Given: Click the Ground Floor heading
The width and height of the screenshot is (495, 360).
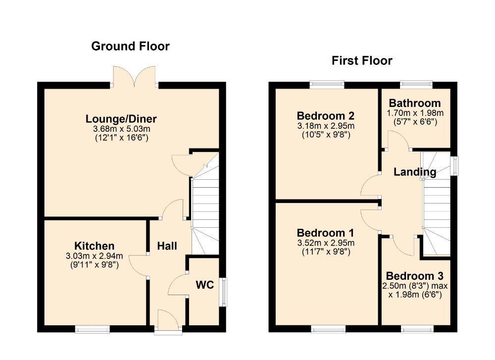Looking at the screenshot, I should coord(130,47).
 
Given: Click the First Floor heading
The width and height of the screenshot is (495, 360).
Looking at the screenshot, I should coord(362,61).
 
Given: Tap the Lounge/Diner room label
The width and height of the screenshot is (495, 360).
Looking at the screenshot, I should coord(121,119).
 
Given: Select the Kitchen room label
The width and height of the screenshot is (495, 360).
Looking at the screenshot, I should coord(94,246).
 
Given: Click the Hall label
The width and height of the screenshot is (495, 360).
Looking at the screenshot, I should coord(167,246).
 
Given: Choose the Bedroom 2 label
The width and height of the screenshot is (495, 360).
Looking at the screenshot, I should coord(326,116).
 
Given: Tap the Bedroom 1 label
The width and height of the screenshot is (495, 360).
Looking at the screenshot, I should coord(321,233).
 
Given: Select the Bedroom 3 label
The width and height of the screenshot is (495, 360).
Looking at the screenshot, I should coord(415,276).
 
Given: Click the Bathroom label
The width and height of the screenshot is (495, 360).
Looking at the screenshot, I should coord(415,103).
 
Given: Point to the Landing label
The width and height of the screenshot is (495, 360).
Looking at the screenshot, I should coord(415,172).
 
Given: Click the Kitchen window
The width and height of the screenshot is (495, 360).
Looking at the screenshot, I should coord(93,329).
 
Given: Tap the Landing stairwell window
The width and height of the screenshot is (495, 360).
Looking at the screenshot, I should coord(454,165).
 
